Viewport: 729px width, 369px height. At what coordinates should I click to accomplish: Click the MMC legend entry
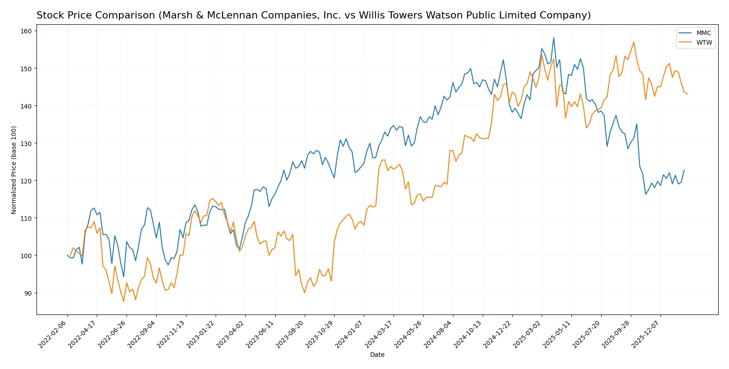[x=703, y=33]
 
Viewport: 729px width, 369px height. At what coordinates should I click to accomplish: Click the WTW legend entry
[x=704, y=42]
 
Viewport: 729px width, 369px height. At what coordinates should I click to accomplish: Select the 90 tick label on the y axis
[x=28, y=293]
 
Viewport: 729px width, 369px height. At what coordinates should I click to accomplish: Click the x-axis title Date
[x=377, y=355]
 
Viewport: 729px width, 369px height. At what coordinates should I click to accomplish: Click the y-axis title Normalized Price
[x=14, y=170]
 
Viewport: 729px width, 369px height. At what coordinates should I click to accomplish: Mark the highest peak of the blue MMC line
[x=553, y=37]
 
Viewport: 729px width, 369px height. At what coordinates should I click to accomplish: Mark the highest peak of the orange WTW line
[x=634, y=42]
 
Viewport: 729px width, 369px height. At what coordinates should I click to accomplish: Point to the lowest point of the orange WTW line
[x=124, y=301]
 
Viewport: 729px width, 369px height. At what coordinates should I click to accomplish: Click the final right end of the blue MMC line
[x=684, y=170]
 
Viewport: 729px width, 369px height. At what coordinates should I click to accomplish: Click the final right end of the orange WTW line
[x=687, y=94]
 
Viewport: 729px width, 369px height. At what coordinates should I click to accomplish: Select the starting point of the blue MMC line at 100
[x=68, y=255]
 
